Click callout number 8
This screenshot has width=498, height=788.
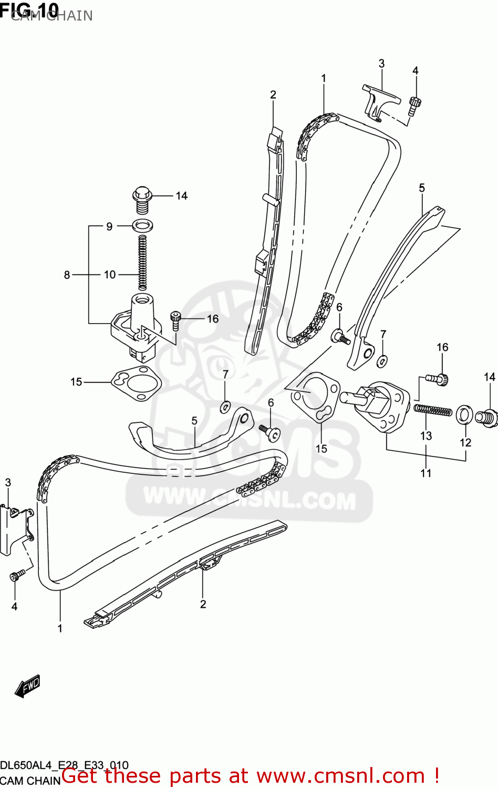pos(67,275)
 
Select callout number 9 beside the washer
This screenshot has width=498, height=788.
pos(109,226)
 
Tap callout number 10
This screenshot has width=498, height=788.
pos(109,275)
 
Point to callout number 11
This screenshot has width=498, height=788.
pos(426,473)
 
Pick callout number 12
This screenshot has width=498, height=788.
pos(465,442)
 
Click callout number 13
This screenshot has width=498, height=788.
pos(426,436)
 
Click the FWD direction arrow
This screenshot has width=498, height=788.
pos(27,686)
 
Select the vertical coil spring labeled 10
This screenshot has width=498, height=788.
pos(142,262)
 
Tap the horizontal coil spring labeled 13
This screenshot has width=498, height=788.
pos(432,410)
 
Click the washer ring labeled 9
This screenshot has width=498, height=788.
pos(142,226)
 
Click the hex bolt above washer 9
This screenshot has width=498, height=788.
pos(142,196)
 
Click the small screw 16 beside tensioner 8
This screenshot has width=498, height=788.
pos(175,320)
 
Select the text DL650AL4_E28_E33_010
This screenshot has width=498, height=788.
pos(64,765)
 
